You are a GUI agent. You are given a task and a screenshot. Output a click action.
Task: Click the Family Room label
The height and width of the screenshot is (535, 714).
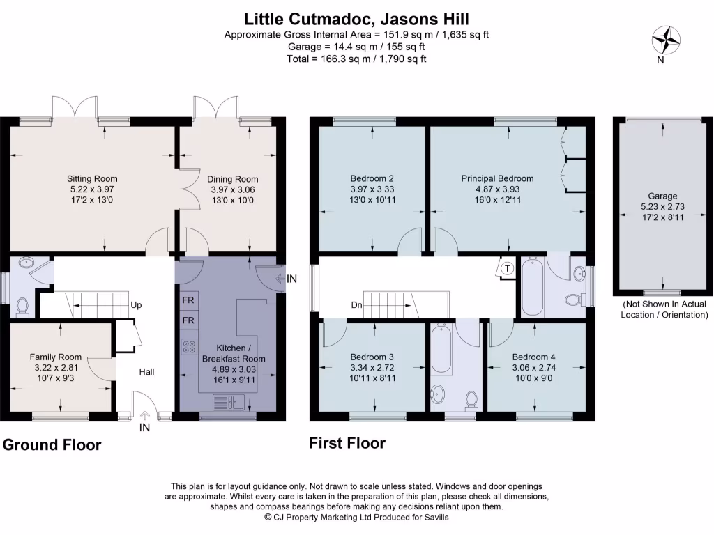pos(55,357)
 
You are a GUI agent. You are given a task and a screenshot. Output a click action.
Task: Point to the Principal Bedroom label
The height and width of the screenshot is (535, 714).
pos(497,178)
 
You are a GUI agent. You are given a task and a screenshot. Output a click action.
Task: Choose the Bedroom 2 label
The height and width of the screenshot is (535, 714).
pos(372,178)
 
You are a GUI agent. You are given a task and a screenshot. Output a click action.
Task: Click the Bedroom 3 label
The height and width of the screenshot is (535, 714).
pos(372,357)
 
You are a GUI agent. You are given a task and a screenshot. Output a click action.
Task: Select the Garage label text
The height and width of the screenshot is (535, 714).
pos(662,196)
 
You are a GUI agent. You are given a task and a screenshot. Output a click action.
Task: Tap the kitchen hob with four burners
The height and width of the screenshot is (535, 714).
pos(189,346)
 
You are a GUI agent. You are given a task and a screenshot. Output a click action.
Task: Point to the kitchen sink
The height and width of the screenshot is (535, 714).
pos(228,401)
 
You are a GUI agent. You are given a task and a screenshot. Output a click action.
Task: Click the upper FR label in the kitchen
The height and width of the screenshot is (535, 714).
pos(188,301)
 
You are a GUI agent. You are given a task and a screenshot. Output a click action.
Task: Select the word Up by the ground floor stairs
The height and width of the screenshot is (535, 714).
pos(137,305)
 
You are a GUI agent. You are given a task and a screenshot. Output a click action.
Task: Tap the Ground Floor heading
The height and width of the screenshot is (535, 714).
pos(52,444)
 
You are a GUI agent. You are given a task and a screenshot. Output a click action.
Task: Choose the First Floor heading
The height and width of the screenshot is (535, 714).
pos(347,443)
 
